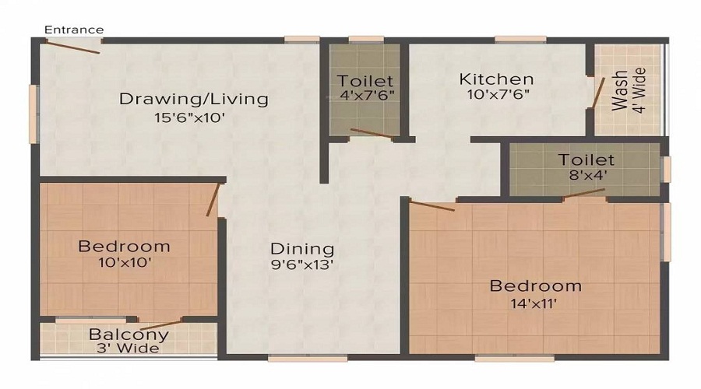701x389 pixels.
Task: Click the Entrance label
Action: click(73, 30)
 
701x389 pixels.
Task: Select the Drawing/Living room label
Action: click(193, 99)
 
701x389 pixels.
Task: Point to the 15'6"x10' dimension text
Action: click(189, 118)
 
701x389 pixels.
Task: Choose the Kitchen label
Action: click(496, 79)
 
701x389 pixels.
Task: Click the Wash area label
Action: click(621, 91)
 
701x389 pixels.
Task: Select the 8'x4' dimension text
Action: click(586, 176)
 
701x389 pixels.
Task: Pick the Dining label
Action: click(302, 249)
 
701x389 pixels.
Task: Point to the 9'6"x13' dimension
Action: click(302, 266)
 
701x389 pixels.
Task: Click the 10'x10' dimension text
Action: click(124, 263)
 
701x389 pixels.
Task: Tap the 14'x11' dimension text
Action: click(534, 303)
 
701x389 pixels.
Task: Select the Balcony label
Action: click(129, 335)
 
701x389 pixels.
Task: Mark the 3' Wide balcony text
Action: click(129, 348)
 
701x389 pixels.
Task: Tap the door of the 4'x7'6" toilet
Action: click(372, 134)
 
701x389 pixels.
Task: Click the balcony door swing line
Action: click(157, 324)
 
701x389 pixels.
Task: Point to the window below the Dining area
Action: click(307, 359)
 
